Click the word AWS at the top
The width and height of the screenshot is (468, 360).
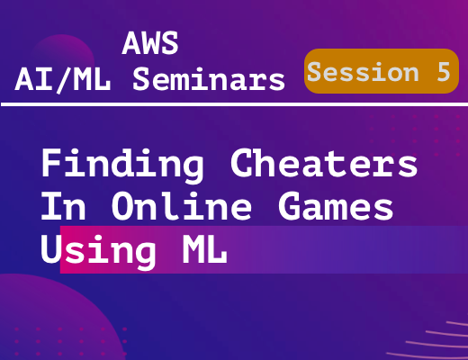pyautogui.click(x=150, y=43)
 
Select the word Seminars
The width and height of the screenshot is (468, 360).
pyautogui.click(x=209, y=78)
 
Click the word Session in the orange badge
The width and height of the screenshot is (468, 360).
pyautogui.click(x=363, y=72)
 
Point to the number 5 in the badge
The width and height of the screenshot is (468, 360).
pyautogui.click(x=444, y=72)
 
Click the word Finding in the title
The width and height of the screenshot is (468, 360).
pyautogui.click(x=122, y=165)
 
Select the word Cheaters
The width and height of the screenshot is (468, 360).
pyautogui.click(x=324, y=163)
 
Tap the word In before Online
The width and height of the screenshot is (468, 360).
pyautogui.click(x=64, y=206)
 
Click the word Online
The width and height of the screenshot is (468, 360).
pyautogui.click(x=182, y=205)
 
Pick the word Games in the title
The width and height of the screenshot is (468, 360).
pyautogui.click(x=336, y=206)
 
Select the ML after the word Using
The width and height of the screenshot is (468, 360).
pyautogui.click(x=205, y=249)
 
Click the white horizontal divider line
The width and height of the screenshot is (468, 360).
pyautogui.click(x=234, y=104)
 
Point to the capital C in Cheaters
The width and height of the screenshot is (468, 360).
pyautogui.click(x=242, y=163)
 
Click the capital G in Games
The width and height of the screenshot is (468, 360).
pyautogui.click(x=289, y=206)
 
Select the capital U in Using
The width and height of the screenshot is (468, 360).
pyautogui.click(x=51, y=249)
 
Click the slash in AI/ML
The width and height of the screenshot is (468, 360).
pyautogui.click(x=63, y=80)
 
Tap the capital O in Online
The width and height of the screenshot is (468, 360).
pyautogui.click(x=123, y=206)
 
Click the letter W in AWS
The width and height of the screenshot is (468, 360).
pyautogui.click(x=150, y=43)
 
